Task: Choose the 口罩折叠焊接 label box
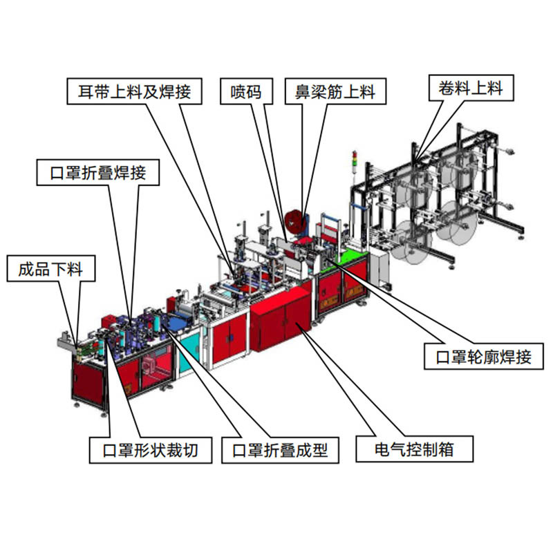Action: (x=98, y=172)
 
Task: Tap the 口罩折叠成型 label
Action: (x=280, y=451)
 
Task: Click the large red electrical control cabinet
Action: (x=280, y=318)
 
